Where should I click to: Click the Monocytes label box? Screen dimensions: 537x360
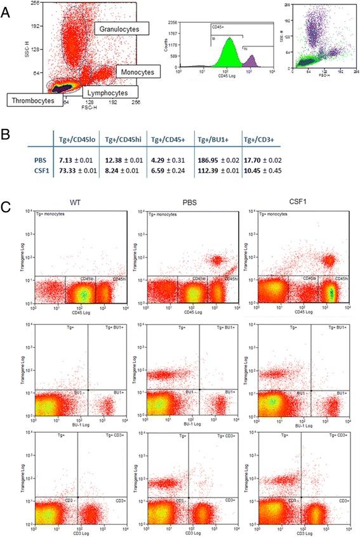(135, 73)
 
